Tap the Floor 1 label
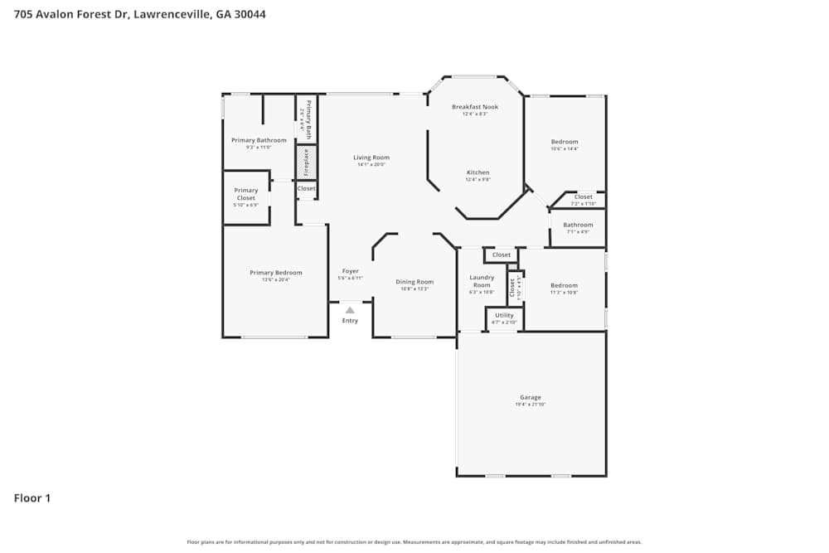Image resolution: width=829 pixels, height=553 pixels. tap(32, 498)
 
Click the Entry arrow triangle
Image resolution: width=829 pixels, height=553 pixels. tap(350, 310)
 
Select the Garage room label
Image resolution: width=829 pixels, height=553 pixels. tap(531, 397)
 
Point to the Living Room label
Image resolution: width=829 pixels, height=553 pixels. tap(371, 158)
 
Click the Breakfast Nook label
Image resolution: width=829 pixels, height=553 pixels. tap(475, 107)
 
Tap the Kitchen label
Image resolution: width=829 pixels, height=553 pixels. tap(478, 172)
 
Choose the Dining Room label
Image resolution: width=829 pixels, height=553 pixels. tap(414, 282)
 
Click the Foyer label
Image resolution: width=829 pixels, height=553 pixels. tap(350, 271)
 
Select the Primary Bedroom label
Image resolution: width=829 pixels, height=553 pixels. tap(276, 273)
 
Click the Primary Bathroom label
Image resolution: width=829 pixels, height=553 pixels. tap(259, 140)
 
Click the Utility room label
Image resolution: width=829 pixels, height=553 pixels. tap(504, 315)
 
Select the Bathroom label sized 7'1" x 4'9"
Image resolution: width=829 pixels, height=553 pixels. tap(578, 225)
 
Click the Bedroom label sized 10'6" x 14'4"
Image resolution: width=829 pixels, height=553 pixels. tap(565, 142)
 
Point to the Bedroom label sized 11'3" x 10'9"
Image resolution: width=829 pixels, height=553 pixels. tap(564, 285)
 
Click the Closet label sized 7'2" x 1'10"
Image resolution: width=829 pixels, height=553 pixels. tap(584, 197)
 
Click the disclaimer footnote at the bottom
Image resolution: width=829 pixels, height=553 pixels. tap(414, 542)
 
